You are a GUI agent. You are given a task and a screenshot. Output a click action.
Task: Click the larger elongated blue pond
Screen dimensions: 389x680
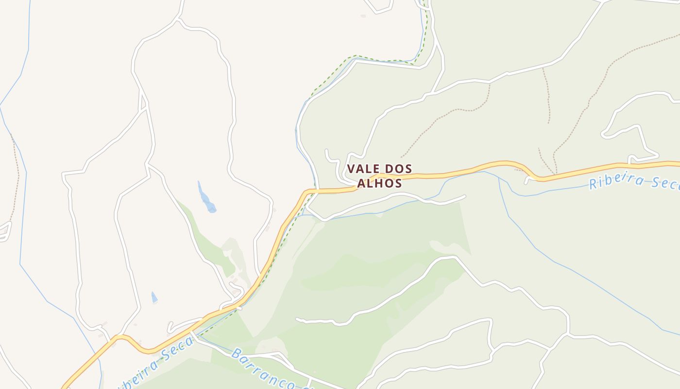click(x=206, y=198)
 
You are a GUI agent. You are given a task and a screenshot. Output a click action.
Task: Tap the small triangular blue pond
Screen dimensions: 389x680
click(x=154, y=297)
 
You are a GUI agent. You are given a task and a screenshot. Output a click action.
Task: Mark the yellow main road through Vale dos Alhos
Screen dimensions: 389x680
click(x=437, y=175)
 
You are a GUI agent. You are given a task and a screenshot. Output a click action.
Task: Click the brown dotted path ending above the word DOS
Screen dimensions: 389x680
click(x=437, y=126)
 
